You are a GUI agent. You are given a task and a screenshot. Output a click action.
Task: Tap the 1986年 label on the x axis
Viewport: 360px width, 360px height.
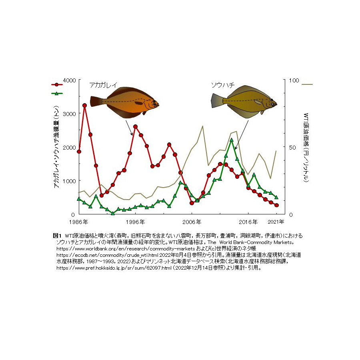[x=79, y=222]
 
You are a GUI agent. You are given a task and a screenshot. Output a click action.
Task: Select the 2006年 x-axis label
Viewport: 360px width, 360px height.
[x=191, y=222]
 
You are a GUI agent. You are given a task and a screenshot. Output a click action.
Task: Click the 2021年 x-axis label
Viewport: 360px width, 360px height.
[x=276, y=222]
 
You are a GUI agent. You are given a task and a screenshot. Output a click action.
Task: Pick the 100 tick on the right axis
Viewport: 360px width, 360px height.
[x=294, y=80]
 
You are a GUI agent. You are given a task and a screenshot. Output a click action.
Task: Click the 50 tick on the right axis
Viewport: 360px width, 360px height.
[x=292, y=147]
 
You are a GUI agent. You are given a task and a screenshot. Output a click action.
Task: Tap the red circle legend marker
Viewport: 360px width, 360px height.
[x=57, y=84]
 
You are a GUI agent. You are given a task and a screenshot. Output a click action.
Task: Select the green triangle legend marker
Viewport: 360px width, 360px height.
[x=57, y=93]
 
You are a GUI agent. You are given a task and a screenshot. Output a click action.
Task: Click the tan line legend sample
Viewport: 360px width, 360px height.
[x=307, y=84]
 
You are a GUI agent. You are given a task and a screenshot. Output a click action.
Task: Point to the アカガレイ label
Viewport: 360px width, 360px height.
[x=103, y=85]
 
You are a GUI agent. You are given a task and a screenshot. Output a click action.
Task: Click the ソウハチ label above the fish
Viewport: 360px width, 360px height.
[x=222, y=85]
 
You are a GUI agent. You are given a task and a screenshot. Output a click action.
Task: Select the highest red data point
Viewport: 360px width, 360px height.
[x=84, y=106]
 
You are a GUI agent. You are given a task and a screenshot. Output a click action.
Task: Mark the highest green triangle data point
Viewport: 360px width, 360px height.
[x=232, y=140]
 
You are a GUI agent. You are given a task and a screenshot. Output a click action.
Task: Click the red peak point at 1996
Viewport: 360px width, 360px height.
[x=135, y=127]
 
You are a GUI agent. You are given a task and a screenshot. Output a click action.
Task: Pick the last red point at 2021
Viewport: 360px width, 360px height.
[x=276, y=205]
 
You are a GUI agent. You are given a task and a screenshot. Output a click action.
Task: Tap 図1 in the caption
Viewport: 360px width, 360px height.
[x=56, y=235]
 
